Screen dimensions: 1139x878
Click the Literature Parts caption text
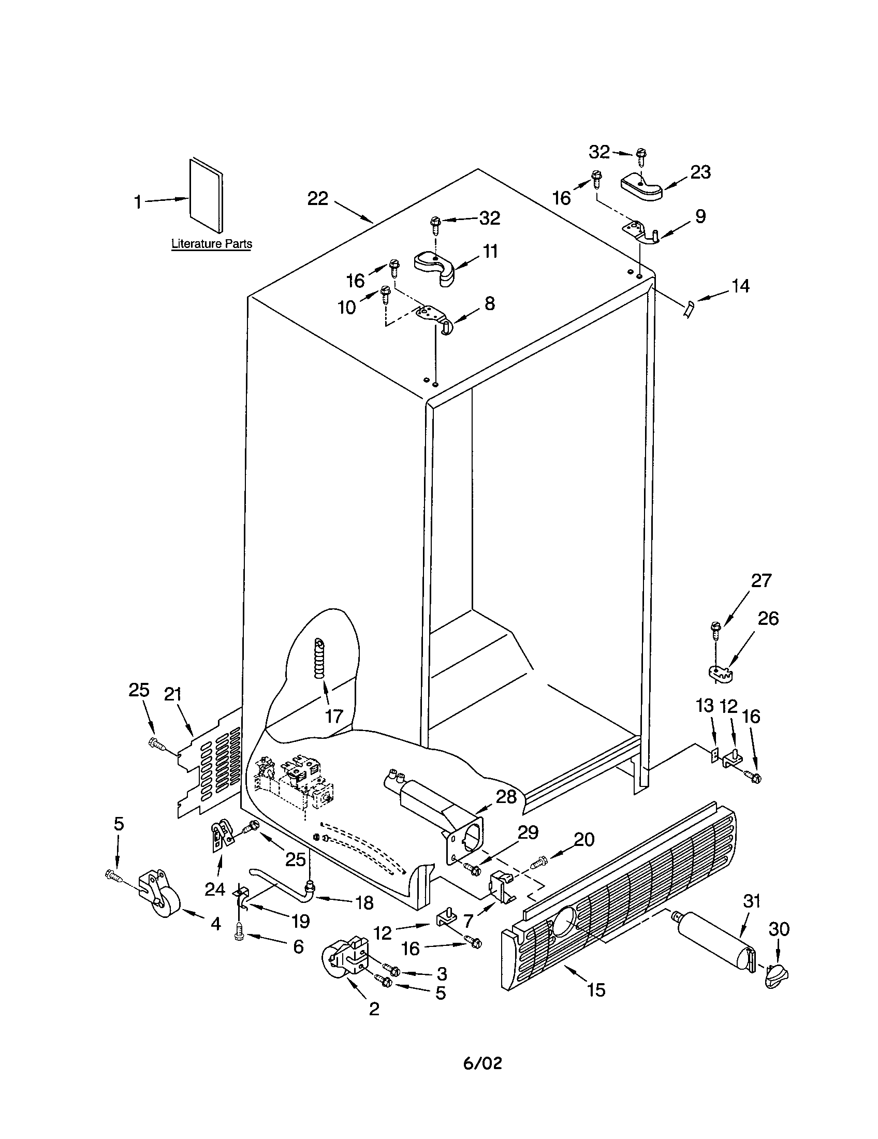click(211, 243)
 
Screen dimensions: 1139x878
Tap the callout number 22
click(317, 198)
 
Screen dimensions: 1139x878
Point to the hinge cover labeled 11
click(435, 267)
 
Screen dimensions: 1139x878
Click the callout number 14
click(740, 286)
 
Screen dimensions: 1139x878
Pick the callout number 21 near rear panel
click(172, 694)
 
